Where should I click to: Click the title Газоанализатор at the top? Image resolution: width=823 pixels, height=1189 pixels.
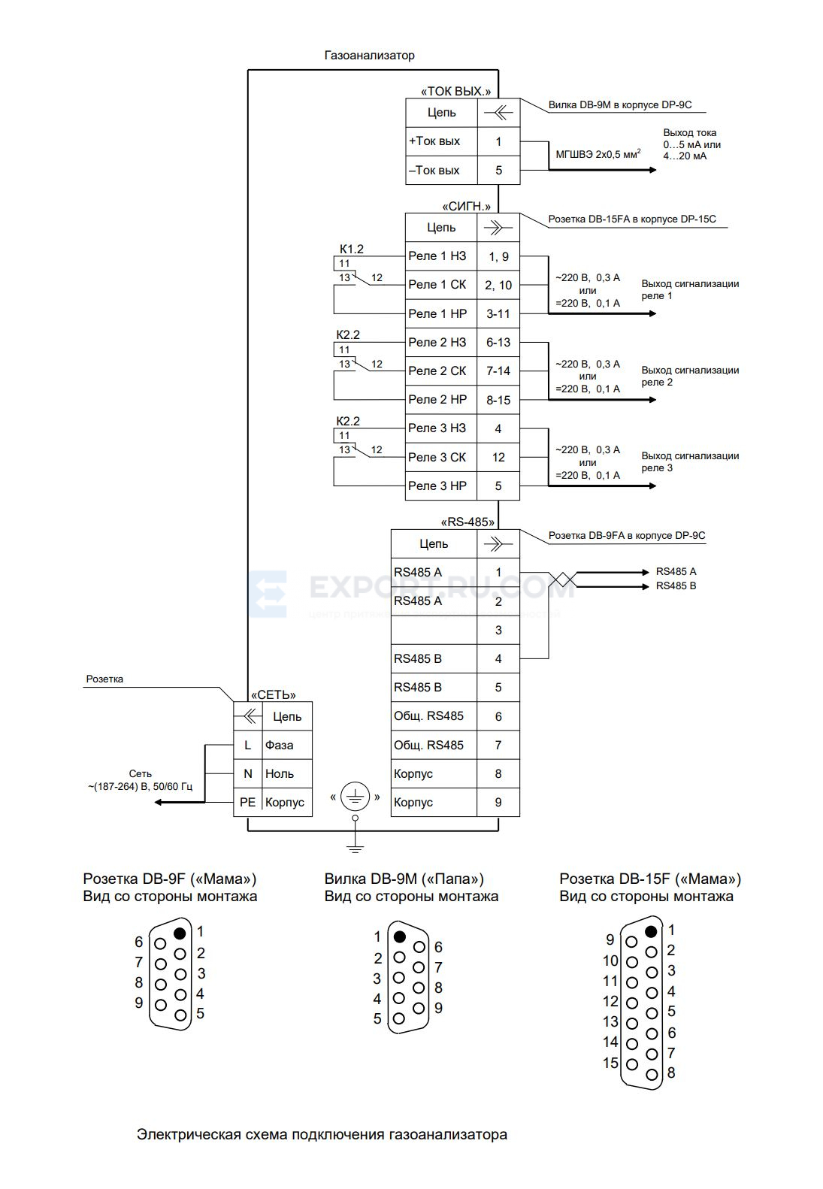(x=369, y=55)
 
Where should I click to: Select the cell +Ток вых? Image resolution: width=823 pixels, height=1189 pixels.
(x=441, y=141)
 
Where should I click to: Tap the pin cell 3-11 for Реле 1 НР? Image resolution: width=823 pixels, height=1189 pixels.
(x=498, y=313)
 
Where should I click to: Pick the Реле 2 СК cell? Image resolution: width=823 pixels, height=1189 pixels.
(x=441, y=371)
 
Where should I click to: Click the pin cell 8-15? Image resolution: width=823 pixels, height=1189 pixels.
(x=498, y=401)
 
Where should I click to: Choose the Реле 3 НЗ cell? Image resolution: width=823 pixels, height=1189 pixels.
(x=441, y=428)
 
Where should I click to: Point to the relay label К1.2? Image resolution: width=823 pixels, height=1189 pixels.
(x=352, y=249)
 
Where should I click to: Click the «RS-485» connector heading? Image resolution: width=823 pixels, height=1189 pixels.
(x=467, y=522)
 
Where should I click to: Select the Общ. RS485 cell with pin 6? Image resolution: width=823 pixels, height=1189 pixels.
(x=434, y=716)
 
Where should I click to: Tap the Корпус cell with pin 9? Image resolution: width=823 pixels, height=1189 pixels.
(x=434, y=802)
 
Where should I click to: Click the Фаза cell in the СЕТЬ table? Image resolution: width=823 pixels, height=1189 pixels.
(x=287, y=746)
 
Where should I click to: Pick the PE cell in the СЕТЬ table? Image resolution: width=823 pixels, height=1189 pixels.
(x=247, y=802)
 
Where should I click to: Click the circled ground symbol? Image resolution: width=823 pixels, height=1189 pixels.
(x=355, y=796)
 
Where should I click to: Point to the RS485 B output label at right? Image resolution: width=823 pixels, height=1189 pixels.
(x=676, y=586)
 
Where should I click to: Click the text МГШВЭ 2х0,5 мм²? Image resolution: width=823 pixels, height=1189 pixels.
(x=598, y=154)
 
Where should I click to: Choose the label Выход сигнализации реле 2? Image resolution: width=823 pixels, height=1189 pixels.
(x=690, y=376)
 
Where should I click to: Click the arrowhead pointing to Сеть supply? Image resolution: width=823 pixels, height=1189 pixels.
(x=159, y=802)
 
